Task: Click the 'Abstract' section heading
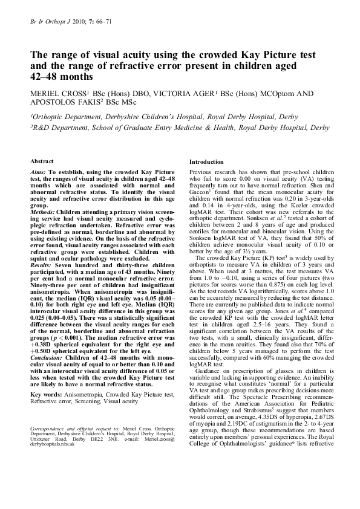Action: (x=41, y=162)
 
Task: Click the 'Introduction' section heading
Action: (x=207, y=162)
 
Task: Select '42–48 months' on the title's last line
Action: (x=62, y=77)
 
